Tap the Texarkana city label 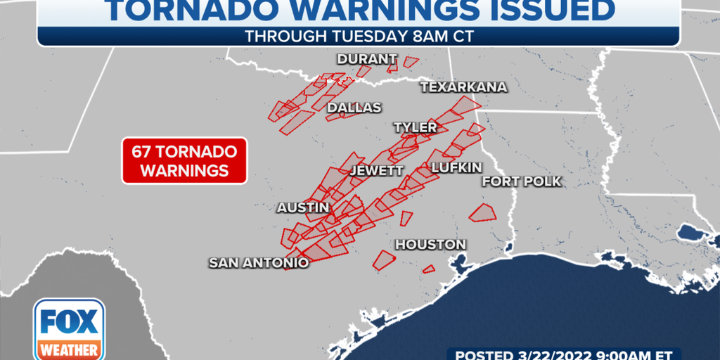463,87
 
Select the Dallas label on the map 354,108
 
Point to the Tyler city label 415,127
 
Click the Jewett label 377,171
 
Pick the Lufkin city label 456,167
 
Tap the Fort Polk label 521,181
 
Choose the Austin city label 303,207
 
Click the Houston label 430,245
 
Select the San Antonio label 259,263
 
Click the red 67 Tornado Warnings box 184,160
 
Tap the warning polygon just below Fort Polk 482,212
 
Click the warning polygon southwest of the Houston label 384,260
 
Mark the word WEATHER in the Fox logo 69,349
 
